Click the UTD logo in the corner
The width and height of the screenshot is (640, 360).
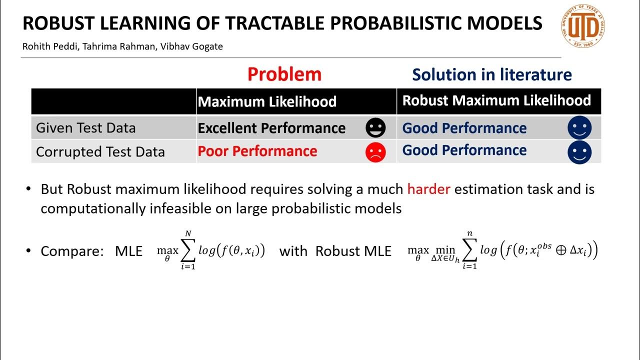(582, 26)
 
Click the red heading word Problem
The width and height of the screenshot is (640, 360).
(284, 74)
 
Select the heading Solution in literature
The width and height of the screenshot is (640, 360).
(492, 75)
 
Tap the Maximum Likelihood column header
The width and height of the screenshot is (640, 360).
(267, 102)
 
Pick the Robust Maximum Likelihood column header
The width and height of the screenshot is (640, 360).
(496, 100)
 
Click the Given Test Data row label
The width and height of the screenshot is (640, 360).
(85, 128)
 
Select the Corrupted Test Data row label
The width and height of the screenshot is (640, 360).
(100, 152)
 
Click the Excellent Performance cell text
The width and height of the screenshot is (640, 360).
(271, 128)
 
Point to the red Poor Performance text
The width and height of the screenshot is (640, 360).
(257, 151)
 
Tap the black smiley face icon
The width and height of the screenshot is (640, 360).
(375, 128)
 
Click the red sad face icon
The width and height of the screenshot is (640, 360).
(375, 152)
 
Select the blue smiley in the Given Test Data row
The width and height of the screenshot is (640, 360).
(579, 128)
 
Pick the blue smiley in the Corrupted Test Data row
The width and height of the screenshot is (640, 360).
(579, 152)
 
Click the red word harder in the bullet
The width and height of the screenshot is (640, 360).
(428, 189)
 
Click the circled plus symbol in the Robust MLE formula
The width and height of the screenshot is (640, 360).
(560, 250)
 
